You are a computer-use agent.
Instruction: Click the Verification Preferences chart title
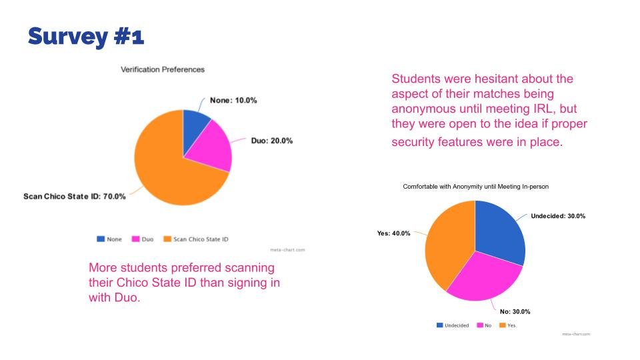click(162, 69)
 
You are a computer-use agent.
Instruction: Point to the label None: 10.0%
click(233, 100)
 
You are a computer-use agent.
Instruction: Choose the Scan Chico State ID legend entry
click(197, 239)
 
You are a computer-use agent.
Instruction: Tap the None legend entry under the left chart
click(111, 239)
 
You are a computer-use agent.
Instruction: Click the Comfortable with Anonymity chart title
click(475, 187)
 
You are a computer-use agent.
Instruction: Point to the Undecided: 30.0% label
click(558, 216)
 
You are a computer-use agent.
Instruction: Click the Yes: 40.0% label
click(394, 233)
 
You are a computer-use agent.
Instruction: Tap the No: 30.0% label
click(515, 311)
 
